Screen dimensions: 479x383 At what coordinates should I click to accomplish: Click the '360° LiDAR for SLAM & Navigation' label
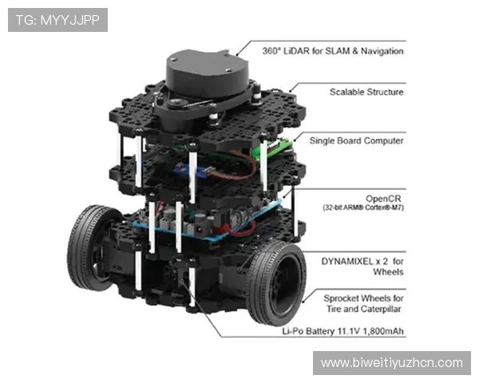click(x=333, y=51)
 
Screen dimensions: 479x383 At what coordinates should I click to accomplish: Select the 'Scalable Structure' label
click(x=366, y=92)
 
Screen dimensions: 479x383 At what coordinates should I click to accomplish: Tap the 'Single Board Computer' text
click(x=357, y=140)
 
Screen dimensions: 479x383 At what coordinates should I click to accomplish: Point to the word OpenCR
click(x=383, y=199)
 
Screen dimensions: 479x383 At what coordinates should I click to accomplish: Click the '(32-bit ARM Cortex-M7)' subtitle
click(x=363, y=207)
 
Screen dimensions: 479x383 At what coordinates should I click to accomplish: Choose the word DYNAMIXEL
click(x=347, y=262)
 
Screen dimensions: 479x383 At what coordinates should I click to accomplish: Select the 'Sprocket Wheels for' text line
click(x=363, y=298)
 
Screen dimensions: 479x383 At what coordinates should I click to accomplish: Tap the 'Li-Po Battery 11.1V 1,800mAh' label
click(x=342, y=331)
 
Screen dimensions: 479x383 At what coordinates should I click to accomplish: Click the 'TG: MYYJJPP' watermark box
click(x=57, y=20)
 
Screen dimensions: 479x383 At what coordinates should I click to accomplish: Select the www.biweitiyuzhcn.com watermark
click(x=392, y=363)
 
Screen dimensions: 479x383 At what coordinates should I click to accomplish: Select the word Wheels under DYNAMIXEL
click(x=388, y=272)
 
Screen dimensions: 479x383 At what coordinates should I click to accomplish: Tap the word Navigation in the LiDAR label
click(x=382, y=51)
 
